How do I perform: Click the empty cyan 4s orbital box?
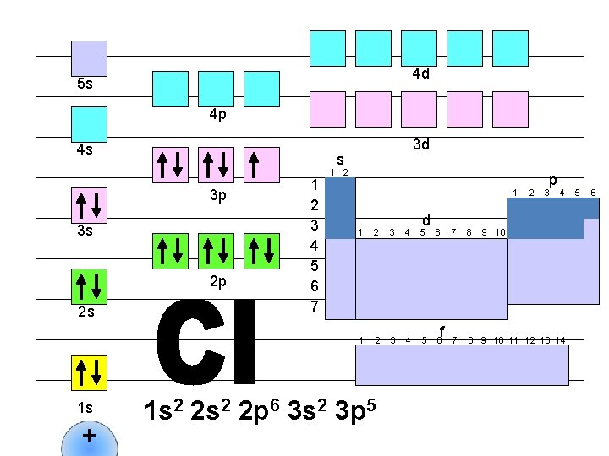(x=89, y=124)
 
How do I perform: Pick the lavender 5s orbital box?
(x=89, y=59)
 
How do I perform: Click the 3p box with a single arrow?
(x=261, y=165)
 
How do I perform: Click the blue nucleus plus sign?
(x=89, y=437)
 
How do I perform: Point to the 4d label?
(x=420, y=74)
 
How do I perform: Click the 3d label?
(x=420, y=144)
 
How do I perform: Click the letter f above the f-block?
(x=442, y=330)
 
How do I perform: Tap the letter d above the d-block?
(x=427, y=217)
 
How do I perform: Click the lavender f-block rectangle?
(x=462, y=365)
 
